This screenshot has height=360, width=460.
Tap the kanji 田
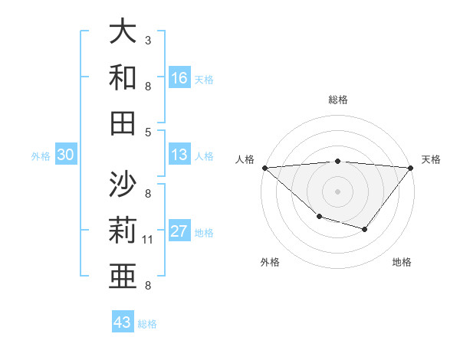(x=123, y=122)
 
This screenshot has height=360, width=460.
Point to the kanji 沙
(x=123, y=184)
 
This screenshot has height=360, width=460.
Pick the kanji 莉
(x=123, y=230)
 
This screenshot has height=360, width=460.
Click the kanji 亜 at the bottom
(x=123, y=275)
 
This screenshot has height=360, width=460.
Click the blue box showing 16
(x=179, y=78)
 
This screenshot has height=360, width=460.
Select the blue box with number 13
(x=179, y=155)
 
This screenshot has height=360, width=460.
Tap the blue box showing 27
(x=179, y=232)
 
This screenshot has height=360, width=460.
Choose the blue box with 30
(x=65, y=155)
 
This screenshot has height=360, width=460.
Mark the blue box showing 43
(x=122, y=322)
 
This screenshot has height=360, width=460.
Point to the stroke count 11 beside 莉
(x=148, y=240)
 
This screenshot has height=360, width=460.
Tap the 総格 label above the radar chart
(x=338, y=100)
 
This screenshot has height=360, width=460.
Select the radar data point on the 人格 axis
(x=264, y=168)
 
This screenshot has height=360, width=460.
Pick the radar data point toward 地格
(x=365, y=229)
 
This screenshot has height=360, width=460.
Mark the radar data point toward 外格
(x=319, y=218)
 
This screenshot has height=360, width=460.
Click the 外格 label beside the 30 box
(x=41, y=156)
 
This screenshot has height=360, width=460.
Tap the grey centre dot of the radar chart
(x=338, y=191)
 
